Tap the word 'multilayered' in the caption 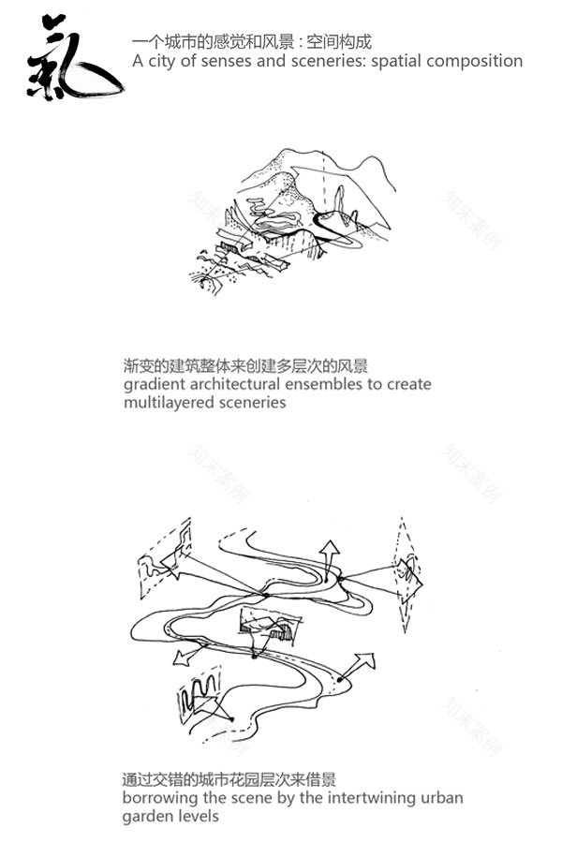[168, 403]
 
